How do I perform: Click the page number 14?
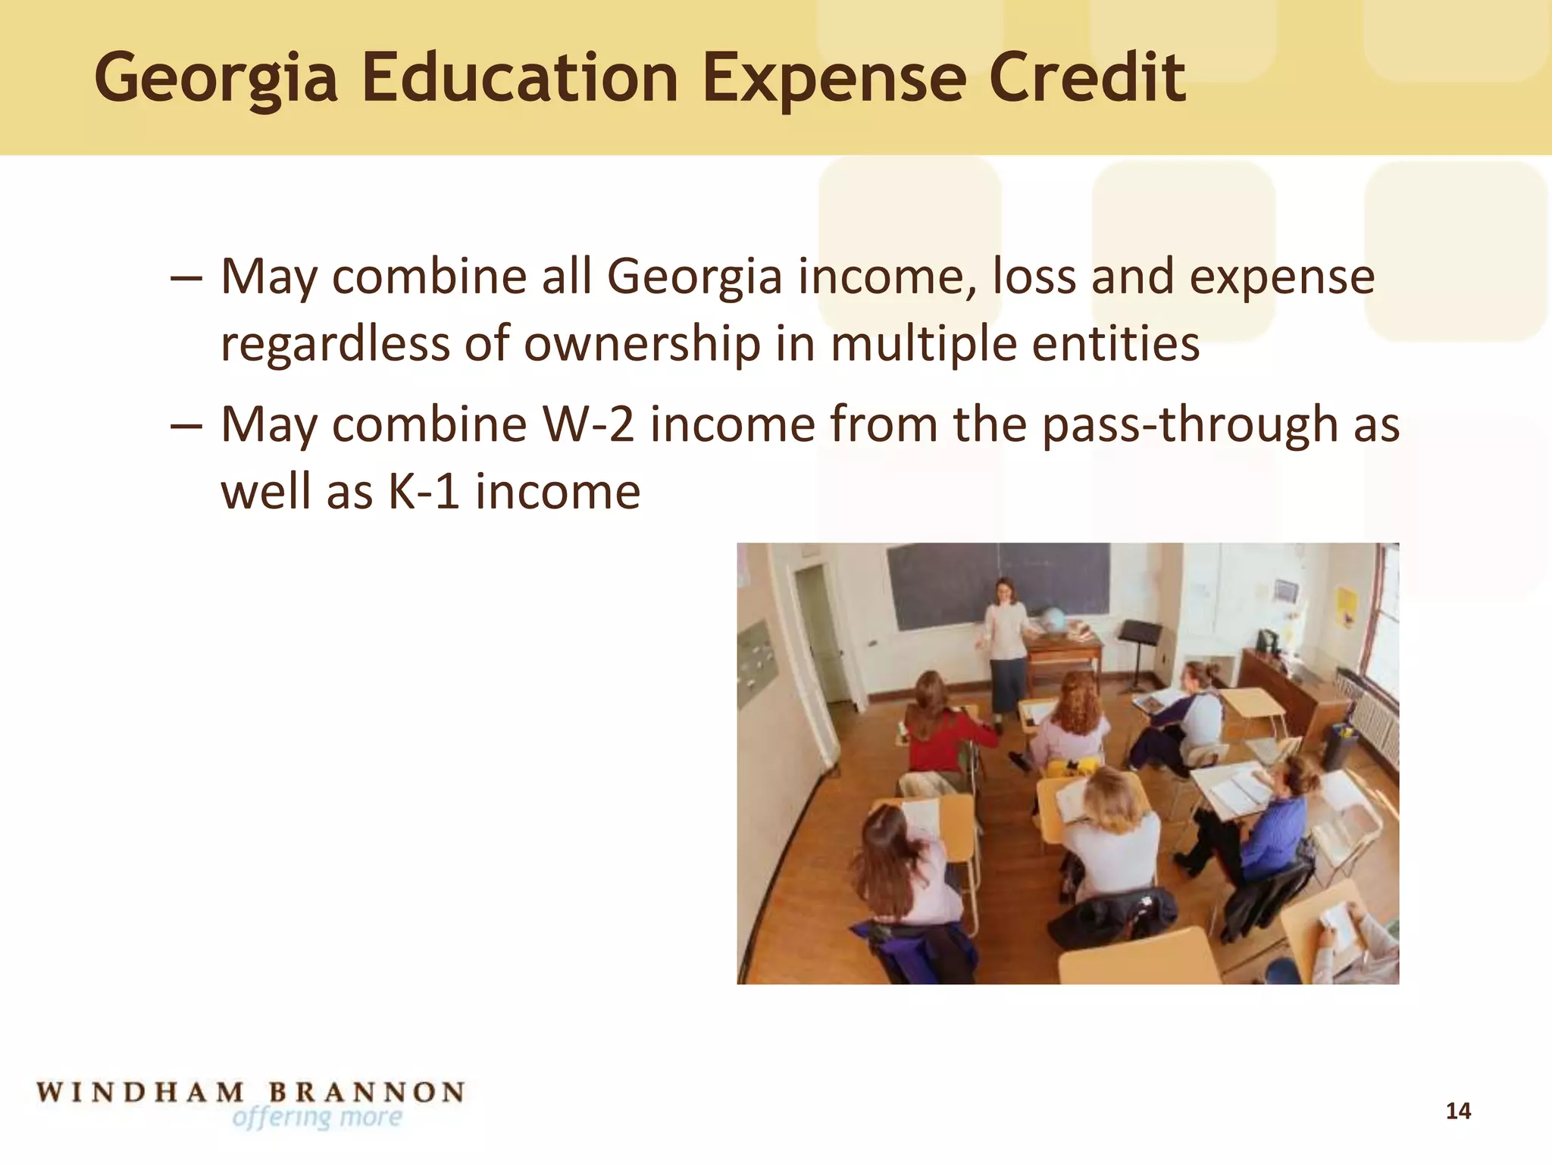[1458, 1111]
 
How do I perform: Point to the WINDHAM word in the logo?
[141, 1092]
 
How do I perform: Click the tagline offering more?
[317, 1117]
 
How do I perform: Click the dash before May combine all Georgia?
[186, 277]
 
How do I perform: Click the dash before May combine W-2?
[186, 424]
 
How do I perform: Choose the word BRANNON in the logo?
[366, 1092]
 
